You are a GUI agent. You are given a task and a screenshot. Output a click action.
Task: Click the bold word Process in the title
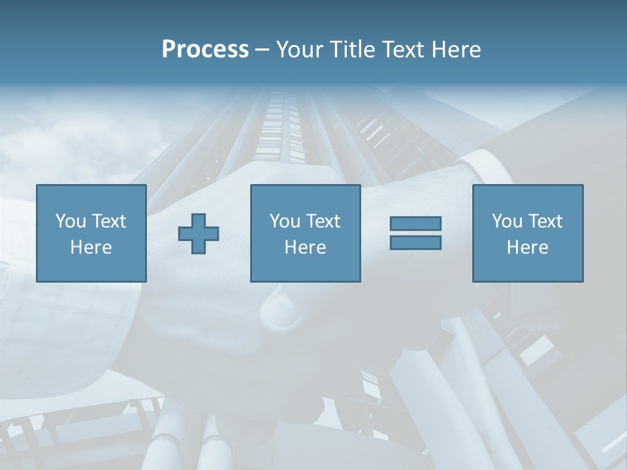coord(205,50)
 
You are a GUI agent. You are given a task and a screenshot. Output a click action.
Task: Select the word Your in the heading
coord(300,50)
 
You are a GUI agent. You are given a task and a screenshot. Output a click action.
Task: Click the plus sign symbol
coord(199,234)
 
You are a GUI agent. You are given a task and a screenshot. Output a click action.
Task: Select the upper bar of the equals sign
coord(415,223)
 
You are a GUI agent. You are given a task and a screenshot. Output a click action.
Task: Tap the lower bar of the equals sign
coord(415,242)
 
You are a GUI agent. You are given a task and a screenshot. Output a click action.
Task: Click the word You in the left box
coord(70,221)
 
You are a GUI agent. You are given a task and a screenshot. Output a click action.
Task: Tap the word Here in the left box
coord(91,247)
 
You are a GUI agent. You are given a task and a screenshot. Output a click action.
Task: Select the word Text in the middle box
coord(323,221)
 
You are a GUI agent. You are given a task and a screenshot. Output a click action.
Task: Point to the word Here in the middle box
coord(305,247)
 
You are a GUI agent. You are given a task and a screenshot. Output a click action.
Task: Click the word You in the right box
coord(506,221)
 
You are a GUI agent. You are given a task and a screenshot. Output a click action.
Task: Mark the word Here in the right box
coord(527,247)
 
